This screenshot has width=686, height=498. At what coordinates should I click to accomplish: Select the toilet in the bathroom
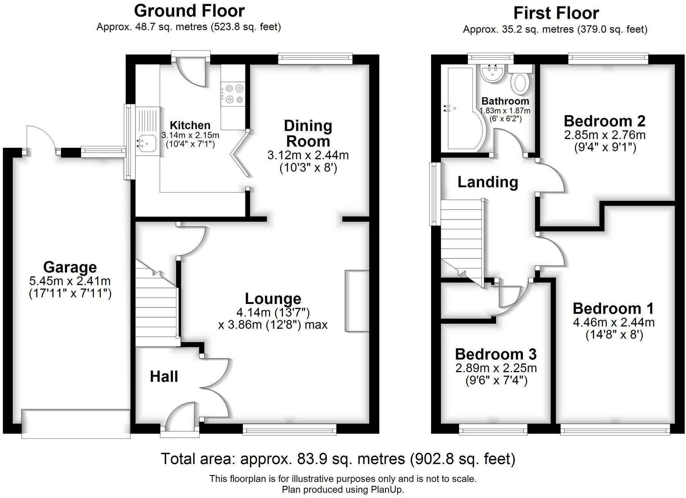[x=520, y=83]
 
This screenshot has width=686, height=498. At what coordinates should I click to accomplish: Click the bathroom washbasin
[x=492, y=73]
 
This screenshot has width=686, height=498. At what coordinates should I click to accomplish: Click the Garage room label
[x=70, y=267]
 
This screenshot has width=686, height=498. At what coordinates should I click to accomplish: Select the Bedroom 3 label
[x=496, y=354]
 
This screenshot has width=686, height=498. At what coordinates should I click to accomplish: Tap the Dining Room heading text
[x=308, y=133]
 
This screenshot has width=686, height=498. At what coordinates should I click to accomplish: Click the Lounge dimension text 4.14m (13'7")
[x=273, y=312]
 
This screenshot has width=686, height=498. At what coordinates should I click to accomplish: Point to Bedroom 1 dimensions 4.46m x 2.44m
[x=614, y=322]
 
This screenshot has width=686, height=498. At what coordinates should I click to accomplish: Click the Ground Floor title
[x=189, y=11]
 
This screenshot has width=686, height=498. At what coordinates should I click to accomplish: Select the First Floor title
[x=556, y=13]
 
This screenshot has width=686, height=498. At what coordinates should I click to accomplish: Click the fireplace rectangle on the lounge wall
[x=357, y=301]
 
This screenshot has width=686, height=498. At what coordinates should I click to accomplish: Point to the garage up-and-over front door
[x=76, y=424]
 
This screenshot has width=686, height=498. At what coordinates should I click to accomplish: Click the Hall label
[x=164, y=376]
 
